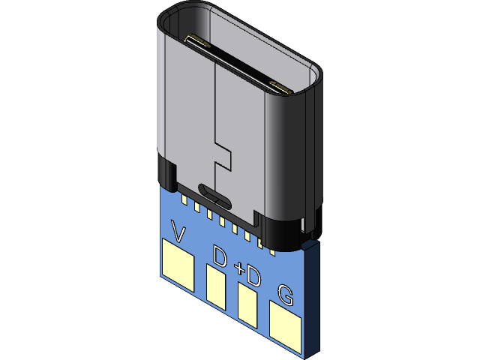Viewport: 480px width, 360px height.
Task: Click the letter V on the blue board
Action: [179, 231]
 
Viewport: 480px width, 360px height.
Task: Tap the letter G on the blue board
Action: [286, 295]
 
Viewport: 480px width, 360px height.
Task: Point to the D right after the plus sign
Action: [253, 277]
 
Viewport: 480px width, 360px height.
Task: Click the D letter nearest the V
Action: [220, 257]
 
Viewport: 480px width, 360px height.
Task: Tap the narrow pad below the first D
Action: [216, 288]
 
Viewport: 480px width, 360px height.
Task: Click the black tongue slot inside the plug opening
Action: [236, 64]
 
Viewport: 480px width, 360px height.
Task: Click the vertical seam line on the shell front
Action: [215, 105]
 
